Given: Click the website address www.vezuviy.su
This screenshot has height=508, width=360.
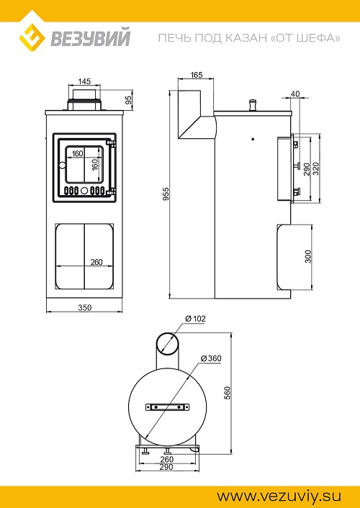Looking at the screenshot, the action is (279, 496).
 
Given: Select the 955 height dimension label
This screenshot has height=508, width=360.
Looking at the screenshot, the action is (166, 194).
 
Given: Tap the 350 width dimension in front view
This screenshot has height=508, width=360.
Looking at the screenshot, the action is (85, 307).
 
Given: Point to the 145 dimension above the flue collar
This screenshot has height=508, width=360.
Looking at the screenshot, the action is (84, 81).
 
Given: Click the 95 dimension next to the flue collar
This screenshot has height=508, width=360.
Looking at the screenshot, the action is (129, 100).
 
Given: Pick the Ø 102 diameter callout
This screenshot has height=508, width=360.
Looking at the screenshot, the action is (196, 319).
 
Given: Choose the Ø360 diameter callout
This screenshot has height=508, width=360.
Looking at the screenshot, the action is (211, 358).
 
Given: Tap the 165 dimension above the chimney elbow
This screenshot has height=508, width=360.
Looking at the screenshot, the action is (197, 75).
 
